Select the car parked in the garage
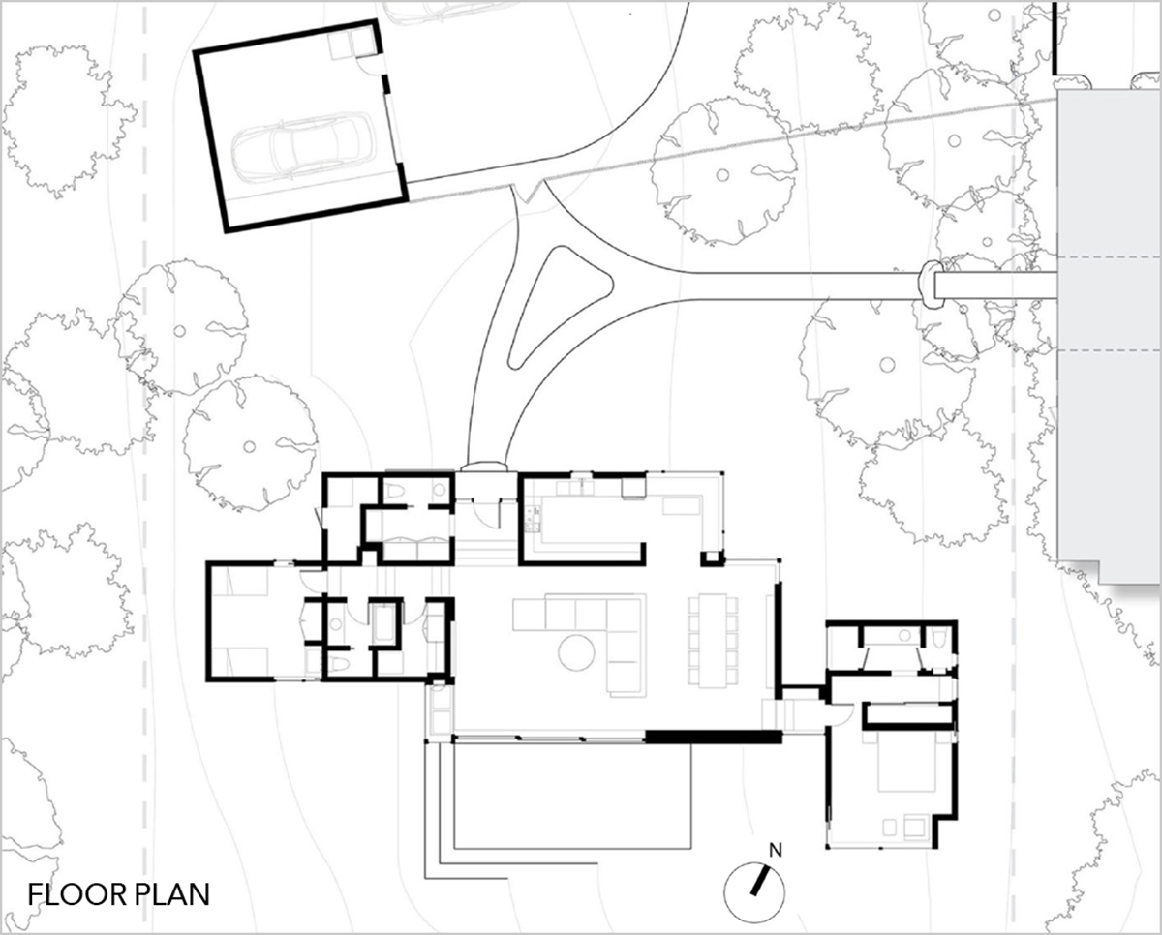click(303, 146)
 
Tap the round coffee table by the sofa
click(576, 652)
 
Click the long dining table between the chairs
click(713, 640)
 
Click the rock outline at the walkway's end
click(930, 285)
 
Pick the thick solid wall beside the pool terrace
click(714, 737)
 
